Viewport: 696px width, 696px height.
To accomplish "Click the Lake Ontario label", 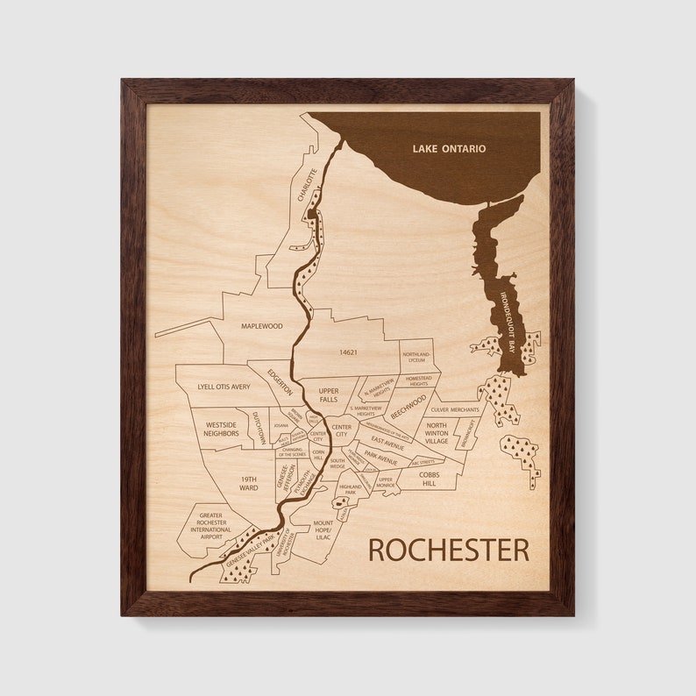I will click(x=449, y=149).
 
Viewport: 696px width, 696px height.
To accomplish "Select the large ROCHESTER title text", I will click(x=448, y=550).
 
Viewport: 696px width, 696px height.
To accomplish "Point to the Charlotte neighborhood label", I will click(x=306, y=185).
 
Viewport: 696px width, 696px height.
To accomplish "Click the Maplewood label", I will click(x=262, y=325).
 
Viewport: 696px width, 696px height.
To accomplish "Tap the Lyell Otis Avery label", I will click(x=224, y=386).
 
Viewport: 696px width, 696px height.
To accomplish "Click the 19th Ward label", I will click(x=249, y=483).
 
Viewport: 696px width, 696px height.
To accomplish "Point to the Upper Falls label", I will click(x=328, y=394).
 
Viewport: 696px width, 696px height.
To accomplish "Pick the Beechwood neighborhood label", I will click(x=408, y=409).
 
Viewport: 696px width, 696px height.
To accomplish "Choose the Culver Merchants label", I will click(x=455, y=409).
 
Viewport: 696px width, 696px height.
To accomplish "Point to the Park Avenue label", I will click(x=381, y=457).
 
